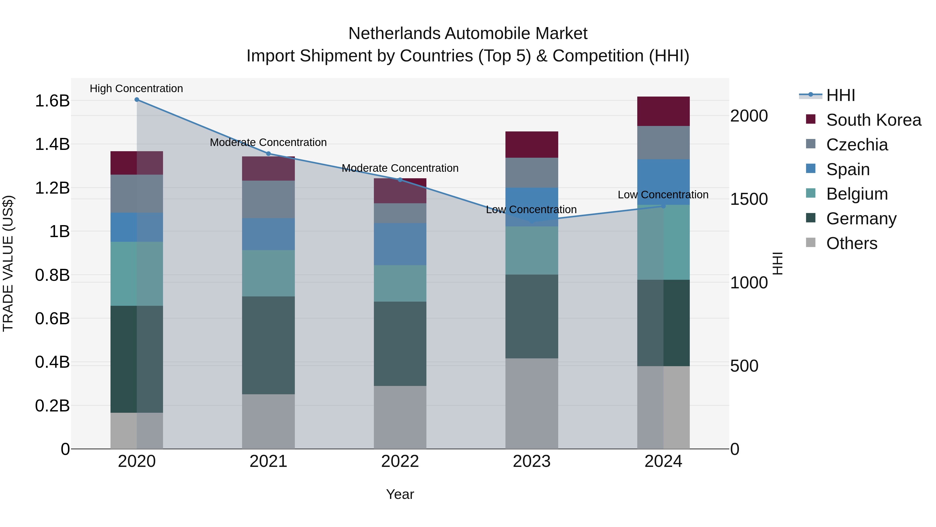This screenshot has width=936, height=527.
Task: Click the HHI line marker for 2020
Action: pyautogui.click(x=136, y=100)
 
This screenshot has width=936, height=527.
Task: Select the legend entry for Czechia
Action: pyautogui.click(x=857, y=145)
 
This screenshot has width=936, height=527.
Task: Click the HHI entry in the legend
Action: pyautogui.click(x=840, y=95)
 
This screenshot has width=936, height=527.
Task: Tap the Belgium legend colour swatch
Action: pyautogui.click(x=811, y=193)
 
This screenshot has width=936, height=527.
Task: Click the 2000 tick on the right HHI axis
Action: pyautogui.click(x=749, y=116)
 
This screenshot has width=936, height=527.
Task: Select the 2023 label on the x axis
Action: pyautogui.click(x=532, y=461)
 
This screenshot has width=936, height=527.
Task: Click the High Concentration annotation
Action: pyautogui.click(x=136, y=89)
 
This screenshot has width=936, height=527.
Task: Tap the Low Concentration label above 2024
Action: pyautogui.click(x=663, y=195)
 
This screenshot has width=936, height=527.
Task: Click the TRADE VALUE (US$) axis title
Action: pyautogui.click(x=8, y=263)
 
